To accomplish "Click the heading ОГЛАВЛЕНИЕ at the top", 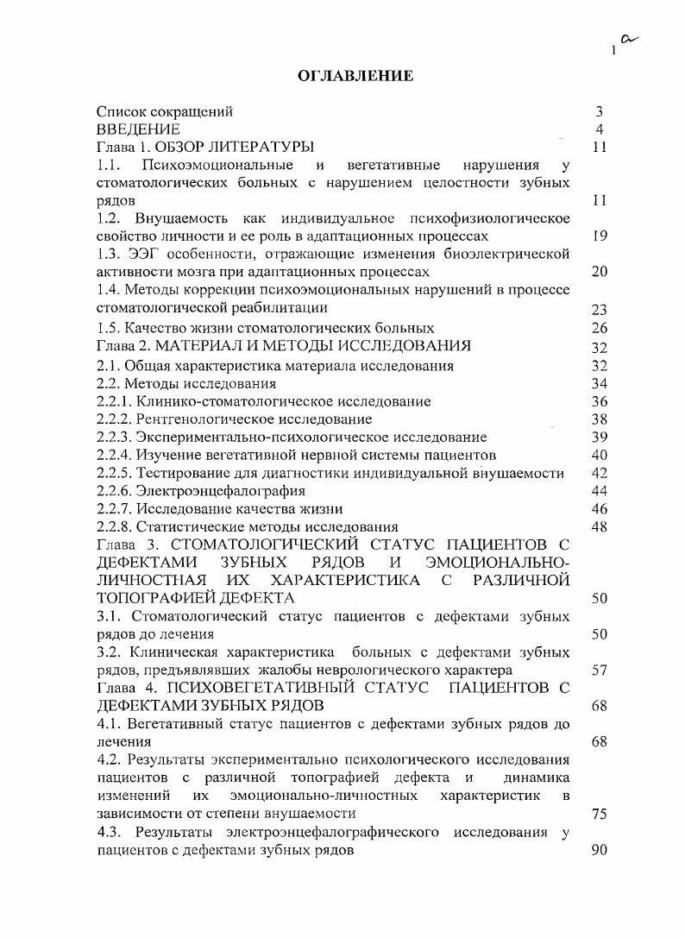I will [355, 77].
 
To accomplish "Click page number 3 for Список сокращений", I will [599, 111].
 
